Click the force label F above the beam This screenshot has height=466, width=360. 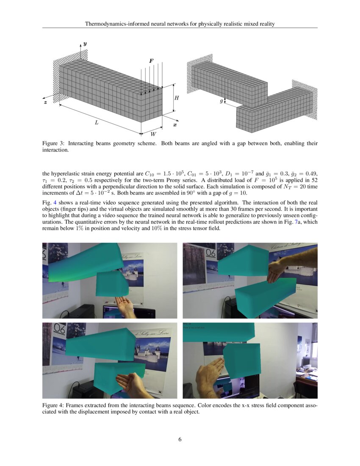[x=151, y=61]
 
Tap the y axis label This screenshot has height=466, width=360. [x=85, y=44]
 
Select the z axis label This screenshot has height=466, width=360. [x=45, y=103]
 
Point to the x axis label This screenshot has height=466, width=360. [x=175, y=125]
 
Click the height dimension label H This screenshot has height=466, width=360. [x=177, y=98]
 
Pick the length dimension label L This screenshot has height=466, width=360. [x=97, y=122]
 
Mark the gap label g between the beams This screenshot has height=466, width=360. [x=221, y=101]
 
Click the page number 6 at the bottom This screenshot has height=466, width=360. [x=180, y=439]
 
